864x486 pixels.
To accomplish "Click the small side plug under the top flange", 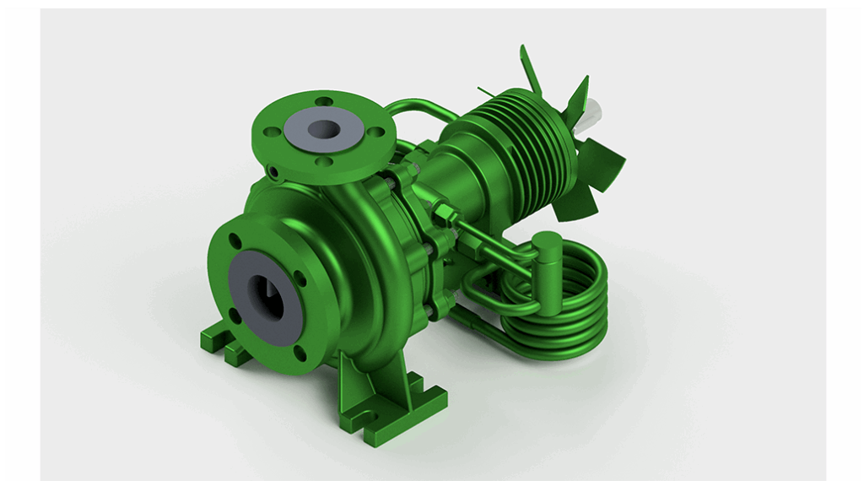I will pyautogui.click(x=274, y=172).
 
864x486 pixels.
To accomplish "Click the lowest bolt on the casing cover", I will pyautogui.click(x=431, y=312).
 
